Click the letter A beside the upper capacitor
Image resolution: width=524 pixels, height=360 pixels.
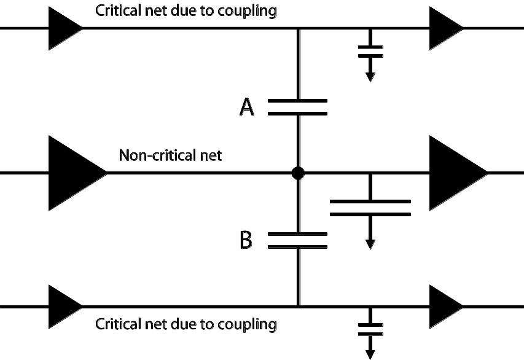[x=247, y=107]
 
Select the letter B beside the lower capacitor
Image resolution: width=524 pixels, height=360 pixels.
[x=246, y=240]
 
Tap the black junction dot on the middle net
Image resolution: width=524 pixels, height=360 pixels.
[x=298, y=173]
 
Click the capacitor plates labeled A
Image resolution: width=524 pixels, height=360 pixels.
[x=297, y=107]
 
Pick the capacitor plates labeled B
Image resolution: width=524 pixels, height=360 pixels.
[x=297, y=240]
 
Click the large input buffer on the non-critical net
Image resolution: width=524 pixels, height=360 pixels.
[x=77, y=173]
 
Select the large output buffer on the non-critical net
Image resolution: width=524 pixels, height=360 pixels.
[x=458, y=173]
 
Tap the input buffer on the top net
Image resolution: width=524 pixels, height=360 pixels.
[x=66, y=28]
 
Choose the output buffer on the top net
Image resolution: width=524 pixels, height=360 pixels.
[x=446, y=28]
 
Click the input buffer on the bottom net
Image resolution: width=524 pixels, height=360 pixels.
[x=66, y=307]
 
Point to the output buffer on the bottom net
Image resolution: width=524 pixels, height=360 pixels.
[x=446, y=307]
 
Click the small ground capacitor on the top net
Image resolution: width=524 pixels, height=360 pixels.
[x=370, y=52]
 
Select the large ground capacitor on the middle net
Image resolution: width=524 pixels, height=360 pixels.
[x=370, y=208]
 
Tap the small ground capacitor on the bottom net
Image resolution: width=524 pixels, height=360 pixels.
[x=370, y=329]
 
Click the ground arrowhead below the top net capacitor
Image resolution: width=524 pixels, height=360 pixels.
[x=370, y=77]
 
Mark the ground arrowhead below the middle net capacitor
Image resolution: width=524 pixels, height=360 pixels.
[x=370, y=245]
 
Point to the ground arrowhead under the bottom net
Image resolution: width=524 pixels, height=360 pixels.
[x=370, y=354]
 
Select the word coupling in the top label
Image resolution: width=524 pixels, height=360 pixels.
[x=248, y=11]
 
